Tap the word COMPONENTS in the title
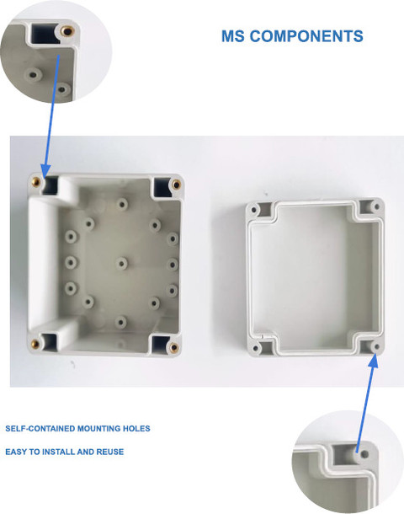coord(306,36)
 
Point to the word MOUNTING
coord(98,428)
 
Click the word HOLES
coord(136,428)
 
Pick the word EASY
coord(16,452)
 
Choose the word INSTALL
coord(59,452)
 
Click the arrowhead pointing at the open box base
coord(45,171)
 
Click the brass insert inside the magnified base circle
coord(67,31)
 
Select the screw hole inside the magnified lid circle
coord(365,455)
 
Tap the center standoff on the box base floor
coord(121,263)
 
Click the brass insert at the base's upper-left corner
coord(35,182)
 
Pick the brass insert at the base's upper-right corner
coord(177,185)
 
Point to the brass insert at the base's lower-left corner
coord(35,344)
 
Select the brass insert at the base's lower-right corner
coord(174,347)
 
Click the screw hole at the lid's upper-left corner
coord(253,210)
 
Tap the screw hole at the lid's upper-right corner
coord(376,206)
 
